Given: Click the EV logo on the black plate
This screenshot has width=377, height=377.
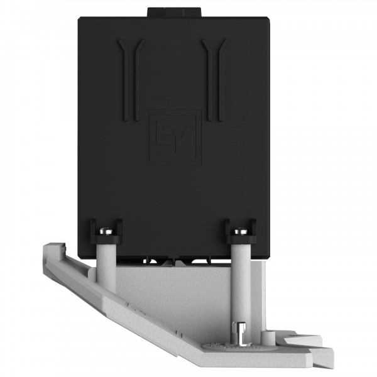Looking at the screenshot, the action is point(175,137).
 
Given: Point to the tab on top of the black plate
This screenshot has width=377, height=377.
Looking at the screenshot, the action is point(174,12).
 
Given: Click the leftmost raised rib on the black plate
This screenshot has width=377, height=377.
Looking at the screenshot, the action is point(125,80).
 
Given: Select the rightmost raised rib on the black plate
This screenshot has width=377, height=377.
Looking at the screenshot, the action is point(222,80).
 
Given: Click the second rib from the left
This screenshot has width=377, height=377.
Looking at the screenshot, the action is point(138,80).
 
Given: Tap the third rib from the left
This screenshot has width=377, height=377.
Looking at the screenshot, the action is point(209,80).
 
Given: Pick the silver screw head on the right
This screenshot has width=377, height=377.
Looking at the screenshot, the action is point(241,231).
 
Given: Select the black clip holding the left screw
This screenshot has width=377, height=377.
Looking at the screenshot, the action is point(106,231).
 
